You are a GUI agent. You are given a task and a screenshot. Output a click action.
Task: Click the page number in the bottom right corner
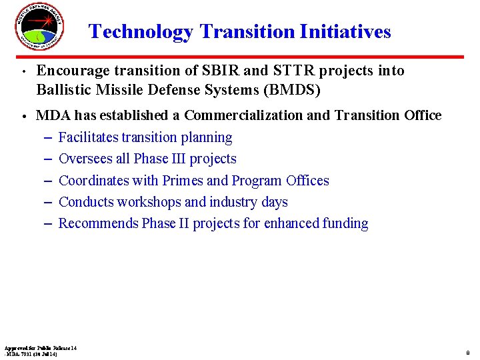click(468, 353)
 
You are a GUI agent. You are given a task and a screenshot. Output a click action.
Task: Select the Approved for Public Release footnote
click(41, 351)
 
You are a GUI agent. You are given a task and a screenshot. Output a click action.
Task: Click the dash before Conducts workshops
click(48, 202)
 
